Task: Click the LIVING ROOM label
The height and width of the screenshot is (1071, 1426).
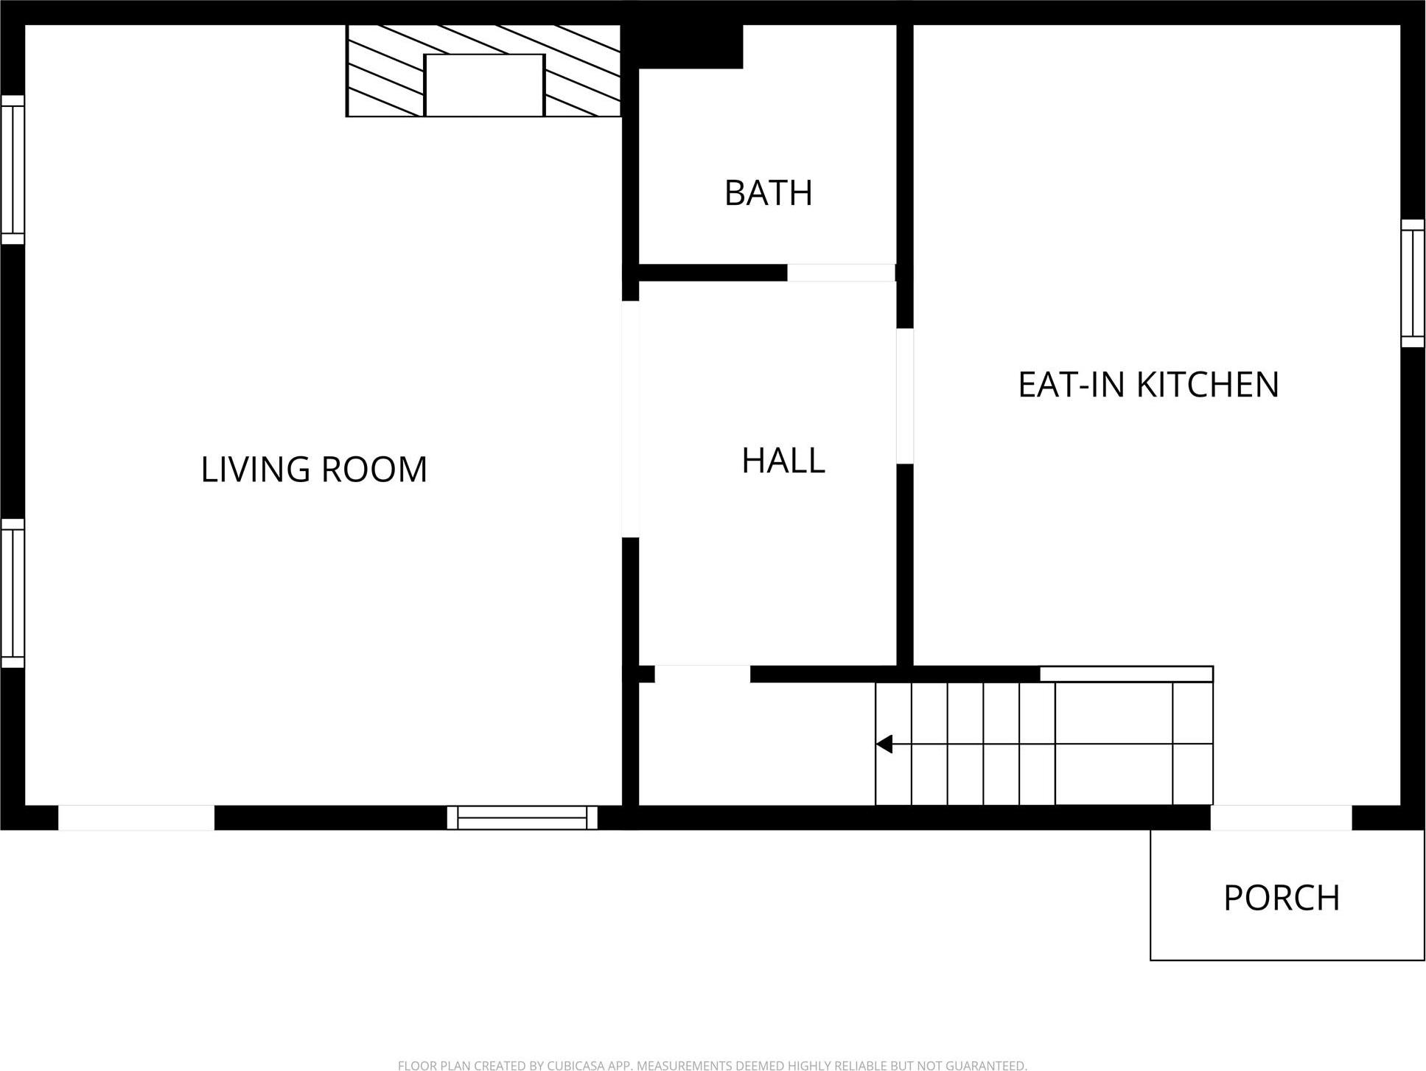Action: click(x=314, y=470)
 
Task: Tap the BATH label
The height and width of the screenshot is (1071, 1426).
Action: click(x=769, y=193)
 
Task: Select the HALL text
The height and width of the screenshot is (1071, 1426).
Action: click(x=783, y=461)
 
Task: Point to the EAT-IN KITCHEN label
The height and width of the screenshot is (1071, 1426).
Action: click(x=1148, y=385)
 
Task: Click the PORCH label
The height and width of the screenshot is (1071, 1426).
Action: click(x=1282, y=898)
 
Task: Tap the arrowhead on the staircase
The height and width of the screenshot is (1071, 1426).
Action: click(x=884, y=744)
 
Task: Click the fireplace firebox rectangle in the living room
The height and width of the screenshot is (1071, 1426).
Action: click(x=485, y=86)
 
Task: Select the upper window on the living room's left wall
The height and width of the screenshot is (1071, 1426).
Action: click(x=13, y=170)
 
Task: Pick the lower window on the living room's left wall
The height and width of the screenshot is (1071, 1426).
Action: click(x=13, y=593)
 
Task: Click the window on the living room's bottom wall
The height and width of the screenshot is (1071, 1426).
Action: click(x=522, y=817)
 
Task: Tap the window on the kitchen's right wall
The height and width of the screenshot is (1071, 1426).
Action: click(x=1413, y=283)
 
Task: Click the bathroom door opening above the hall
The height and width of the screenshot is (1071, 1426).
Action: click(x=841, y=273)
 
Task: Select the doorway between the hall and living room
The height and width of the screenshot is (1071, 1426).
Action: click(x=630, y=419)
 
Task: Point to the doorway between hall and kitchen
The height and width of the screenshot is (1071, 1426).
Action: click(x=905, y=396)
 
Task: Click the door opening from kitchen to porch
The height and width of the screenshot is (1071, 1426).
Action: click(x=1281, y=817)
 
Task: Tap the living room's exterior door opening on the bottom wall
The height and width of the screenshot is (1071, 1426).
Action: click(x=136, y=817)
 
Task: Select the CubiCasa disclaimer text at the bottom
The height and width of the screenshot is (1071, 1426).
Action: click(x=712, y=1065)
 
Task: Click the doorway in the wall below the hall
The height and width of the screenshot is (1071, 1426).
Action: click(x=702, y=674)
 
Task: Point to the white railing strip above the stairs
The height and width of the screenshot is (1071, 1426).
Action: click(x=1126, y=674)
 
